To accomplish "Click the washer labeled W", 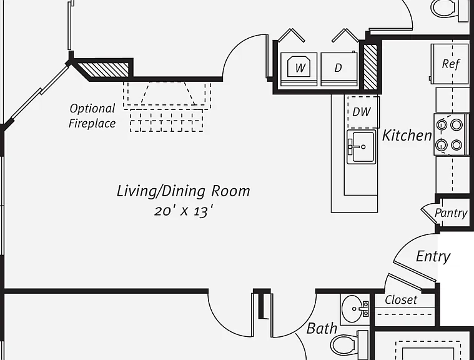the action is [x=299, y=69].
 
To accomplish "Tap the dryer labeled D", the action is [x=339, y=69].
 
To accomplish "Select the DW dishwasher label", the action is [x=362, y=112].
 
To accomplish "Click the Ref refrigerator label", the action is [x=451, y=64].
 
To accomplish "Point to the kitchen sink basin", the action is [x=361, y=147].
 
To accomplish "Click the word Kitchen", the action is [x=407, y=135].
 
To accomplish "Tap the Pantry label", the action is [x=451, y=213].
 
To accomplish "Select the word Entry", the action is [x=433, y=256].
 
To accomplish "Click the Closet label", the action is [x=401, y=300].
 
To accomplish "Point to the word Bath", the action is [x=322, y=328].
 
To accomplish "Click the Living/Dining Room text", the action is [x=184, y=191].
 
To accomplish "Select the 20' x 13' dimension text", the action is [x=184, y=211].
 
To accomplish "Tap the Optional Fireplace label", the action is [x=92, y=116].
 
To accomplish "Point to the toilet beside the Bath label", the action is [x=348, y=345].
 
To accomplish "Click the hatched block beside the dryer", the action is [x=370, y=67].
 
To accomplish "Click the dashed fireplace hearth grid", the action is [x=167, y=121].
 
